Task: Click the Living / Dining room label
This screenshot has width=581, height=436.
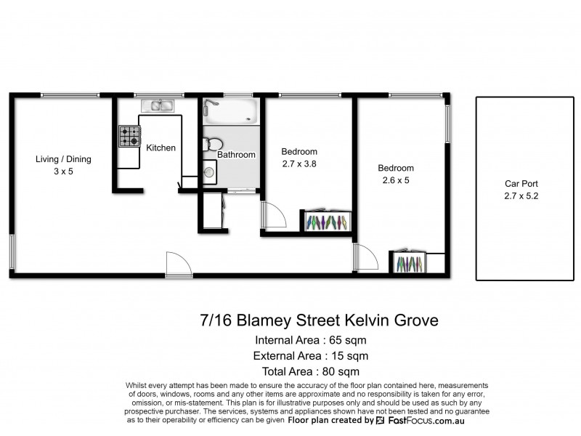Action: pos(65,159)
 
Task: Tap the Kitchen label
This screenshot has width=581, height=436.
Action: pos(161,148)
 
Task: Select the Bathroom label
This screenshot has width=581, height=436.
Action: pos(236,155)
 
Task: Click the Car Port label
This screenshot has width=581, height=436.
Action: pos(521,185)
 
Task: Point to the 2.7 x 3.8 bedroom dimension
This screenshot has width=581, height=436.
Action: pos(299,164)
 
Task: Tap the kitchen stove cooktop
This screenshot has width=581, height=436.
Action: pos(130,136)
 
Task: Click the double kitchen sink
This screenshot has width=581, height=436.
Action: pos(157,107)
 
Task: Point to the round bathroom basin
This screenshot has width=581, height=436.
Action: pos(210,172)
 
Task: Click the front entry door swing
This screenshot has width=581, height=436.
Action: pos(177,263)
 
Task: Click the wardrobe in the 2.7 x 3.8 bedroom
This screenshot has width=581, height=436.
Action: pos(326,221)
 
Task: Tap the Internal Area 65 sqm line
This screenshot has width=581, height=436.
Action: pos(310,340)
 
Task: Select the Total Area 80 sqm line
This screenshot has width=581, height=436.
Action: pos(310,371)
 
